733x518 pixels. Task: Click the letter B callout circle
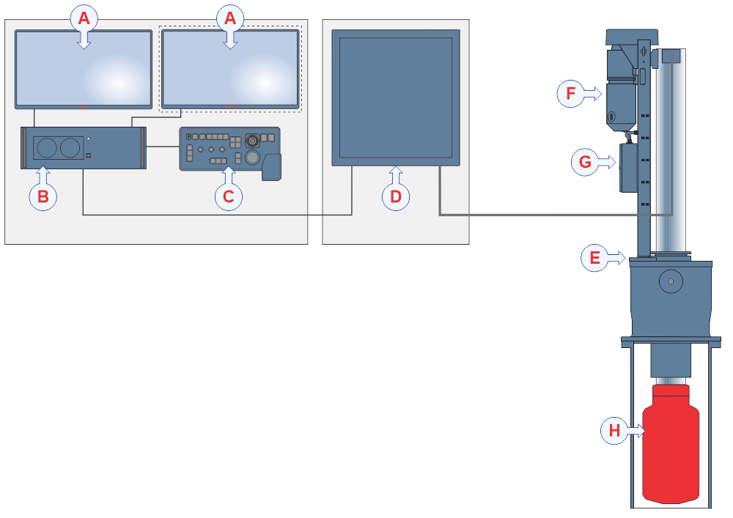(43, 196)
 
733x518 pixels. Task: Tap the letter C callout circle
(229, 196)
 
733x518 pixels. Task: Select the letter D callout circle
(396, 196)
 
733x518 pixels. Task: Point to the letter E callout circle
(594, 258)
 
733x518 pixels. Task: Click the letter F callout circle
(571, 94)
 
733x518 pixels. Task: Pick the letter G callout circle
(585, 162)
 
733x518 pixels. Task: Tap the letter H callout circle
(614, 431)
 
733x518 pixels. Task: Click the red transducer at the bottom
(671, 447)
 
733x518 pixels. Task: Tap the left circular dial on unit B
(46, 148)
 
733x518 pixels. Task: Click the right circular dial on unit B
(70, 148)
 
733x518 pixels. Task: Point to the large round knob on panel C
(252, 158)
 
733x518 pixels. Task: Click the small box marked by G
(628, 167)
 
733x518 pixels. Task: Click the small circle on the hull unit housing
(671, 281)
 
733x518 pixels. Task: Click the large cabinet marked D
(396, 97)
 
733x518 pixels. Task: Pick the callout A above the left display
(84, 18)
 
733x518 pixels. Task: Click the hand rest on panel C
(271, 168)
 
